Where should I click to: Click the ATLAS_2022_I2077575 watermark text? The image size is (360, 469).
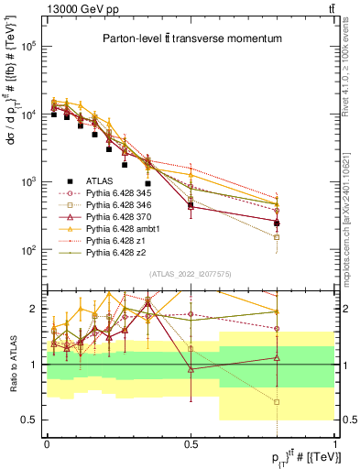pos(191,274)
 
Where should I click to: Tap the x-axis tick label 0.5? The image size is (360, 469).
pos(191,443)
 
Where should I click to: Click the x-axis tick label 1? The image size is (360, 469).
pos(334,443)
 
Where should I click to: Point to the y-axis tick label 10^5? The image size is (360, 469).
pos(28,47)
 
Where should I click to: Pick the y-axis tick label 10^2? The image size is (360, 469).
pos(28,249)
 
